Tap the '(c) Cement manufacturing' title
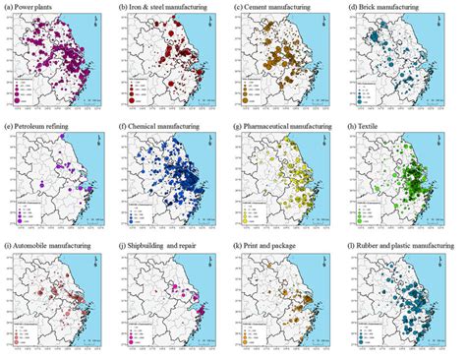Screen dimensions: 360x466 [x=277, y=9]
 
